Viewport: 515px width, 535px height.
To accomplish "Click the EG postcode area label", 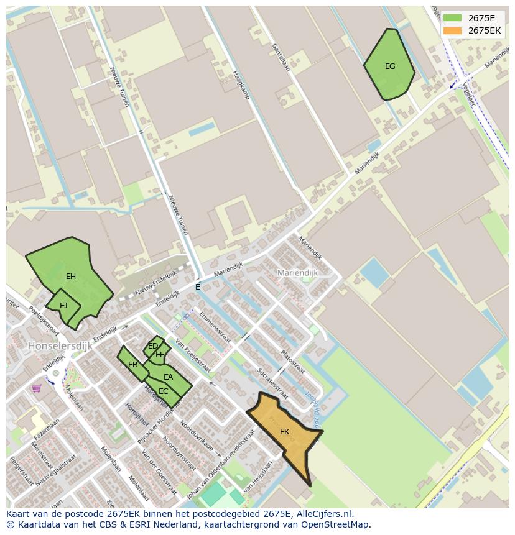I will [x=390, y=66].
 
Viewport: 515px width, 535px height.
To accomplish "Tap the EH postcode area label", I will [x=71, y=277].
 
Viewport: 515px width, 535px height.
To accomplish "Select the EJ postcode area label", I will [x=63, y=306].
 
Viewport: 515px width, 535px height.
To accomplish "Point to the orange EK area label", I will [x=284, y=432].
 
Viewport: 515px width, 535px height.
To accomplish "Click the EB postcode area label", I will [x=132, y=365].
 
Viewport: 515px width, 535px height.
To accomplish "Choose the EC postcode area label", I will [x=164, y=391].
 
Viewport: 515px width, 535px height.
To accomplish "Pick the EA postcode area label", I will [x=168, y=377].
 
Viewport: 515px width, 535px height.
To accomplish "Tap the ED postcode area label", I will [x=152, y=346].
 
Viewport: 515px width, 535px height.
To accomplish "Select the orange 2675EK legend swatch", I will [x=452, y=30].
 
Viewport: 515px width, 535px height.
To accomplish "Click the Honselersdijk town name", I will [x=60, y=345].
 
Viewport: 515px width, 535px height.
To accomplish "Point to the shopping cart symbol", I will [x=37, y=388].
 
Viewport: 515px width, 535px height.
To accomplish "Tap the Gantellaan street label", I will [x=281, y=57].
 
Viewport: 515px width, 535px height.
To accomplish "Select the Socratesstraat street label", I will [x=273, y=383].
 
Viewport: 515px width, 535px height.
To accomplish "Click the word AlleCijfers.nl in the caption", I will [x=323, y=514].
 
